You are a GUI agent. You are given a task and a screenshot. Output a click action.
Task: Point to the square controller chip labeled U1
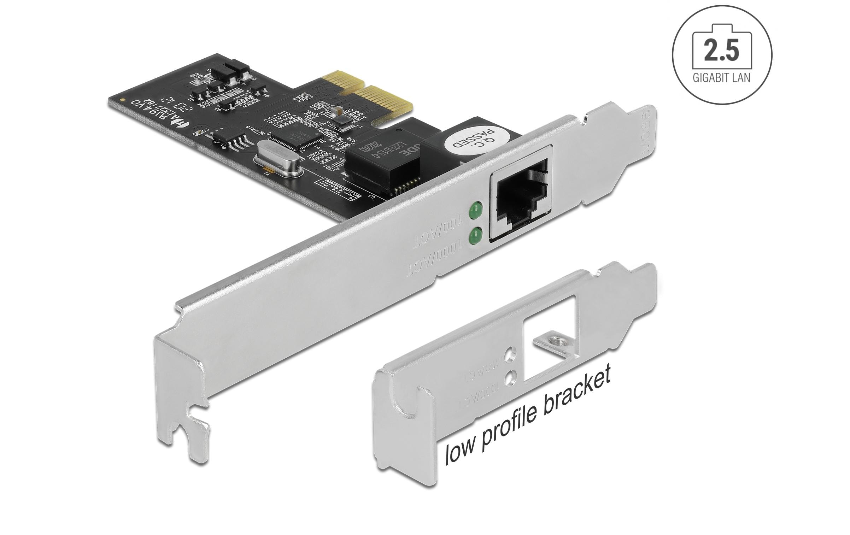[297, 137]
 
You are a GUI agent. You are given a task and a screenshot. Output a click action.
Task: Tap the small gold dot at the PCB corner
[122, 100]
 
